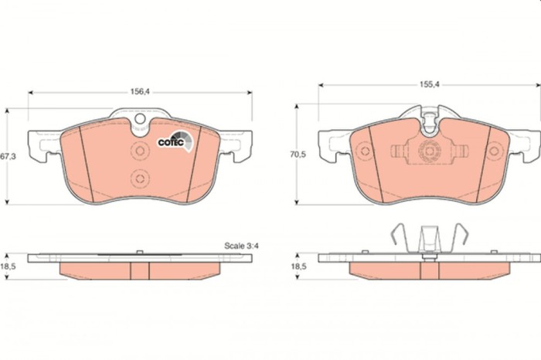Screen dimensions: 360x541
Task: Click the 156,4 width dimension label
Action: click(x=139, y=91)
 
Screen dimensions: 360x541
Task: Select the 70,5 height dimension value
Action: click(x=298, y=155)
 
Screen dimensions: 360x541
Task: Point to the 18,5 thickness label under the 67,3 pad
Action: click(x=9, y=266)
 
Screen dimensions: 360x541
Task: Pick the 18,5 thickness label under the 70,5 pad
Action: click(x=298, y=266)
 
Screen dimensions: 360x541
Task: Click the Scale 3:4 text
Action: click(x=240, y=245)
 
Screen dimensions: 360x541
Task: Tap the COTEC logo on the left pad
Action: click(x=172, y=141)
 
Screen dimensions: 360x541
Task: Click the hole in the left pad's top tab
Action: click(x=140, y=120)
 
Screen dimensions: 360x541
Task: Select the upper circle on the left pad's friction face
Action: click(x=140, y=150)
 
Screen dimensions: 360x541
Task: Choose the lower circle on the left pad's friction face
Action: click(x=140, y=178)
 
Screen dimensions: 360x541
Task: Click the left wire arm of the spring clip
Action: click(x=396, y=236)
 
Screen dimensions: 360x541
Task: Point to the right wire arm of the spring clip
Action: click(x=461, y=236)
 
